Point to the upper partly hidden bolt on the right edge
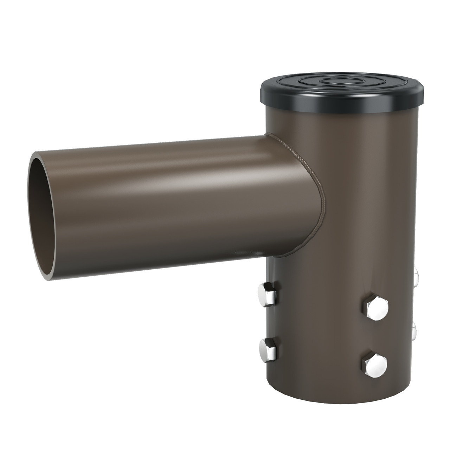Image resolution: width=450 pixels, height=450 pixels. click(416, 276)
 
